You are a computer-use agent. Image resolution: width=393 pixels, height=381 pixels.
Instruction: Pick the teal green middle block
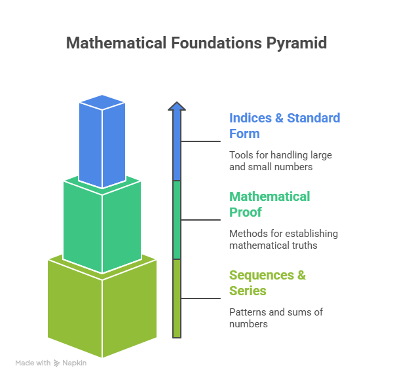point(102,226)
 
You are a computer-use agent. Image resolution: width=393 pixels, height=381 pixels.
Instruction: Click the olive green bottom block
point(102,308)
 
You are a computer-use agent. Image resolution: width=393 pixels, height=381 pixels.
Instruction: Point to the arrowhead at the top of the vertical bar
point(176,107)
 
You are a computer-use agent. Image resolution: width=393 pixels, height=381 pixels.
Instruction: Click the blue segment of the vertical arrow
point(176,147)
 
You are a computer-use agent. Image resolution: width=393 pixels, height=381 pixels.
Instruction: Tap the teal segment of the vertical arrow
point(176,220)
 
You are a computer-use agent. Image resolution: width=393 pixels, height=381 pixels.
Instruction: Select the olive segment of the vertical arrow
point(176,298)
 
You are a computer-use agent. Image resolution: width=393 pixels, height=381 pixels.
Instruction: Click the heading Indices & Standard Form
point(284,126)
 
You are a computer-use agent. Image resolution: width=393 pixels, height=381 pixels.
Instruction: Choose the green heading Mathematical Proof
point(269,204)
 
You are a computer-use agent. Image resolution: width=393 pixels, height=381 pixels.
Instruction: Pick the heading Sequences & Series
point(267,283)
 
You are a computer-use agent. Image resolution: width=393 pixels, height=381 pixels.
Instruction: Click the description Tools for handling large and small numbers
point(280,161)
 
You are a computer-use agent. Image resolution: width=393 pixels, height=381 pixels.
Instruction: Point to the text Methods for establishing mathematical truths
point(283,240)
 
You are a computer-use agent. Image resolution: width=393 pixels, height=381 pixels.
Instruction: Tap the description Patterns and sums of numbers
point(276,318)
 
